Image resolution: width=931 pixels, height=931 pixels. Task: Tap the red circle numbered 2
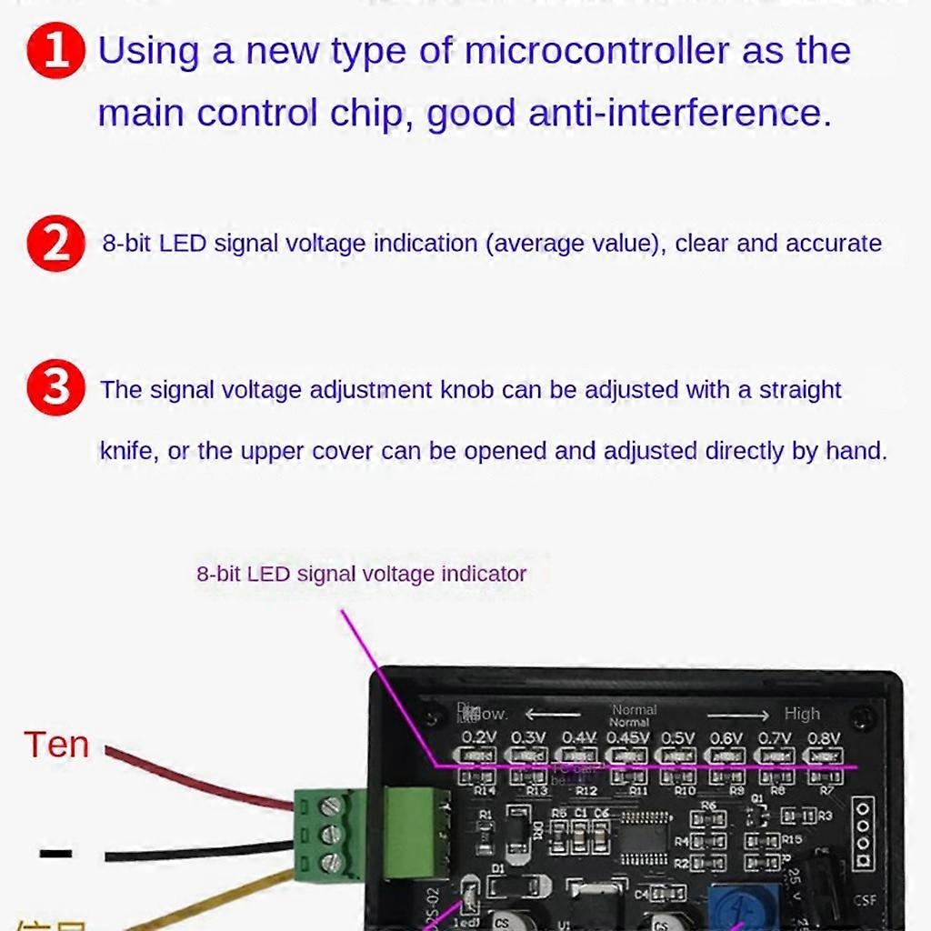tap(55, 245)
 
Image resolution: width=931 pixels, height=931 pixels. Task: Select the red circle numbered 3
tap(55, 388)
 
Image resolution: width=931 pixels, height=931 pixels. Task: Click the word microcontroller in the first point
tap(596, 51)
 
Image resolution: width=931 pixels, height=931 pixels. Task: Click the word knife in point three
tap(127, 451)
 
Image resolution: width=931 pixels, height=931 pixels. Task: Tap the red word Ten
tap(56, 745)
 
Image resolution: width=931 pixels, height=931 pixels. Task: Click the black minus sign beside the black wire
tap(55, 853)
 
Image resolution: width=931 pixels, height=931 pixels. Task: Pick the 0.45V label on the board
tap(627, 737)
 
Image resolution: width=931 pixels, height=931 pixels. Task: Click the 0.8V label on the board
tap(823, 737)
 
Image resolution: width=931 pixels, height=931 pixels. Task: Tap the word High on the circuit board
tap(801, 714)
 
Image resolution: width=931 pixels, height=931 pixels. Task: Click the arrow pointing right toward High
tap(737, 716)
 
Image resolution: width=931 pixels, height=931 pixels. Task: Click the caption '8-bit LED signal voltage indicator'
tap(361, 574)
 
